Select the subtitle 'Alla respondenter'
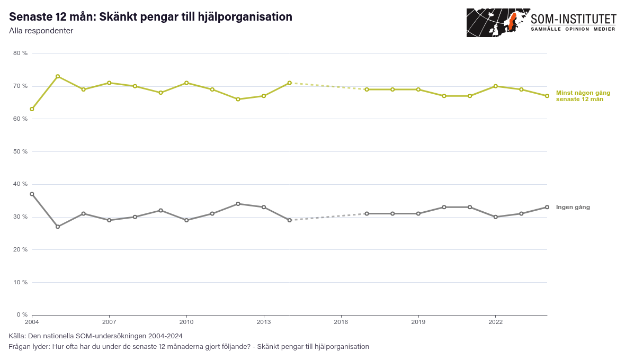(41, 31)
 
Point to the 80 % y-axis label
(20, 53)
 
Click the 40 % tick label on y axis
(20, 184)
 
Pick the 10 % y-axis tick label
(20, 282)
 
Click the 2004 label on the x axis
(32, 322)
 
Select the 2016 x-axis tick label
(341, 322)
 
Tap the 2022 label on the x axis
(495, 322)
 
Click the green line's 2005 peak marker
(58, 76)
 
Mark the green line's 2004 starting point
(32, 109)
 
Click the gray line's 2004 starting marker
(32, 194)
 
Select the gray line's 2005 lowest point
(58, 227)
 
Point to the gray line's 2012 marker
(238, 204)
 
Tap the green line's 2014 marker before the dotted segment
(289, 83)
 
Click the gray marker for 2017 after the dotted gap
(367, 213)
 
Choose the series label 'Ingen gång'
(573, 207)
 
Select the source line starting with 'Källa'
(96, 336)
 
